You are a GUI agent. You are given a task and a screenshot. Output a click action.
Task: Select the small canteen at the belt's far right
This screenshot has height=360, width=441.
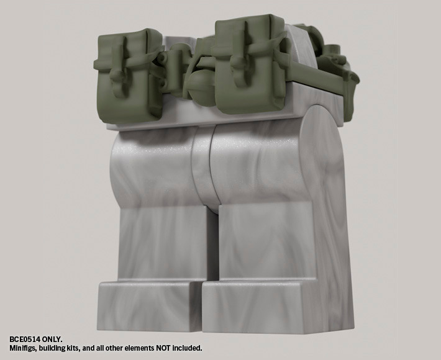[x=335, y=56]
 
